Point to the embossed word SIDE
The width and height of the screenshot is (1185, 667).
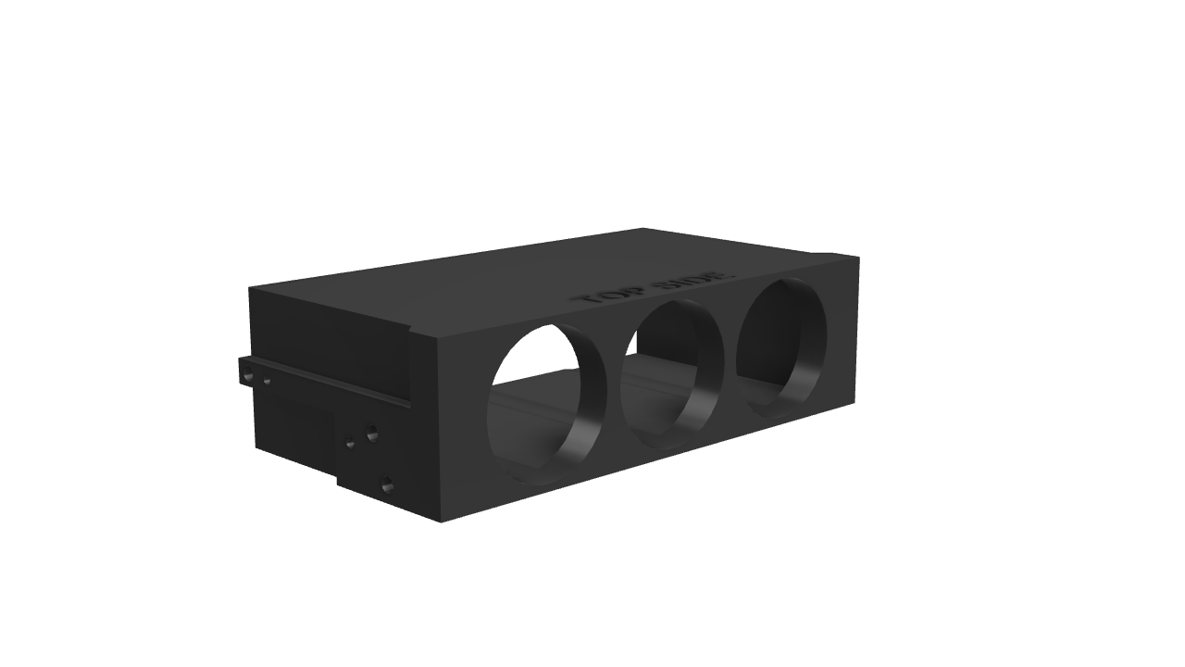tap(694, 279)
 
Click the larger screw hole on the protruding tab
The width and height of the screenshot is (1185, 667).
tap(248, 376)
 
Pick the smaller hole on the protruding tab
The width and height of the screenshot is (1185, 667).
tap(267, 381)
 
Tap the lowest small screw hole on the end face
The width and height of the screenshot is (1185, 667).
tap(387, 484)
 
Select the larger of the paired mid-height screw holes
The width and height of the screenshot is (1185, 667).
tap(371, 433)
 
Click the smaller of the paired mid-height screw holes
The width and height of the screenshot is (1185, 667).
tap(350, 443)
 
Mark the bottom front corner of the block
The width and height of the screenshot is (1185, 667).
tap(441, 522)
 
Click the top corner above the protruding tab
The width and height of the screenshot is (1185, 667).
tap(250, 288)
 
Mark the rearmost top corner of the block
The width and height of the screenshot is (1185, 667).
tap(642, 229)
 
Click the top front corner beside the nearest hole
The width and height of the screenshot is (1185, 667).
tap(436, 335)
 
